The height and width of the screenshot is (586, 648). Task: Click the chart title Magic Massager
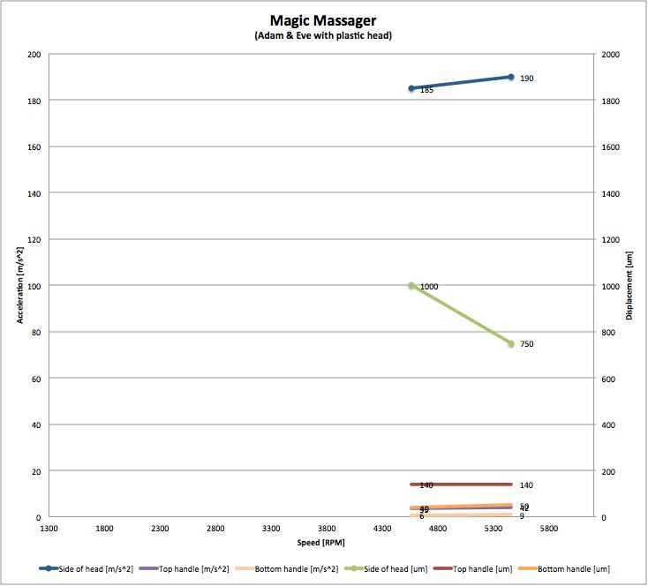(x=323, y=19)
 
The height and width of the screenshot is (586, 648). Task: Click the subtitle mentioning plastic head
(x=323, y=35)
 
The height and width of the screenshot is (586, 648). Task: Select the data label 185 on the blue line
(x=426, y=90)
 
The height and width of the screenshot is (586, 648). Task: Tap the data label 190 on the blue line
(x=526, y=79)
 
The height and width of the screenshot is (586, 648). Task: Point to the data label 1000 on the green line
(x=429, y=287)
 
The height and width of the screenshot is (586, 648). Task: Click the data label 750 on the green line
(x=526, y=344)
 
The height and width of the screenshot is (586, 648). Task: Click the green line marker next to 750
(x=511, y=343)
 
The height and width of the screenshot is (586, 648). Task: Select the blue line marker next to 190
(x=511, y=77)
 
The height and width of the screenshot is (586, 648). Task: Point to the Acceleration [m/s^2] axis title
(x=20, y=285)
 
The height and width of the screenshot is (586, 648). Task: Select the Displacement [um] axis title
(x=630, y=285)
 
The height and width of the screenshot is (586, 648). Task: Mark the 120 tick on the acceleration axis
(x=34, y=239)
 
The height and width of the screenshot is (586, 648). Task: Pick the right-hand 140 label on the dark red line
(x=526, y=485)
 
